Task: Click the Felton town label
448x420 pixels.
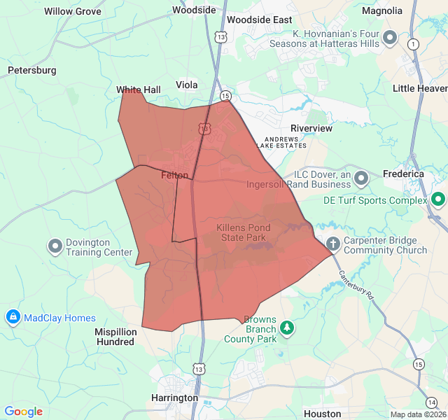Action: pos(174,175)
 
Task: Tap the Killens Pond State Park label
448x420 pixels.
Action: pos(241,232)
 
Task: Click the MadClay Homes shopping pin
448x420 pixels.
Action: pos(13,318)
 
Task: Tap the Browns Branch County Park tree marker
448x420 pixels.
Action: pos(286,327)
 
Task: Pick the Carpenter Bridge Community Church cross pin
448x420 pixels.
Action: pos(333,244)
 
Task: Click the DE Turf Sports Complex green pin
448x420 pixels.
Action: pos(438,200)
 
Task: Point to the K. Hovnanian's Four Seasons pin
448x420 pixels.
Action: pos(390,38)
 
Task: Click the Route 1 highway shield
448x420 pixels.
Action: pos(413,44)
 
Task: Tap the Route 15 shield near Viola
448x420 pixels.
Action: pos(225,96)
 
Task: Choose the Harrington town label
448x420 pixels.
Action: pos(174,398)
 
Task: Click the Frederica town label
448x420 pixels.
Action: pos(403,174)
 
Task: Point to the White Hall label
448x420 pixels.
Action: pos(139,90)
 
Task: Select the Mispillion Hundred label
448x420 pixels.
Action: pos(115,337)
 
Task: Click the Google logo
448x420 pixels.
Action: pos(23,412)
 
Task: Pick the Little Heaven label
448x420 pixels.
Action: pos(420,89)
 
